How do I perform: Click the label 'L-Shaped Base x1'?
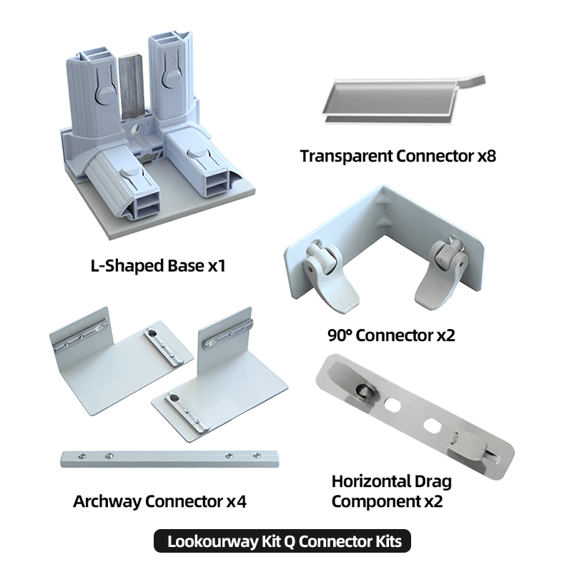pyautogui.click(x=158, y=265)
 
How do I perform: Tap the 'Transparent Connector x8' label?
pyautogui.click(x=398, y=156)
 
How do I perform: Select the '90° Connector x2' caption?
pyautogui.click(x=391, y=335)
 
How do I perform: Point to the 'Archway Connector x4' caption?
pyautogui.click(x=159, y=501)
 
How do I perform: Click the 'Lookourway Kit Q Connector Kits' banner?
pyautogui.click(x=282, y=541)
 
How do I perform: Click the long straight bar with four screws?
pyautogui.click(x=170, y=459)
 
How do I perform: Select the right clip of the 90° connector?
pyautogui.click(x=441, y=274)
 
